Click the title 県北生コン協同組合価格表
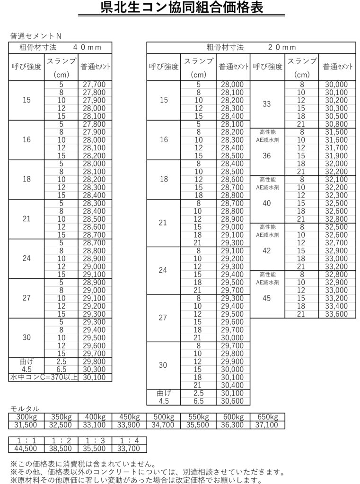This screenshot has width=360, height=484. (180, 8)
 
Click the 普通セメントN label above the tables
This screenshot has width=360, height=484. (36, 36)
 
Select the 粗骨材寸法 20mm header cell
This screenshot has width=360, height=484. (251, 47)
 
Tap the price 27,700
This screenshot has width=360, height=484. (94, 85)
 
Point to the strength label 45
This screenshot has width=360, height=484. (267, 298)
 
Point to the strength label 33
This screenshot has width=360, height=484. (267, 104)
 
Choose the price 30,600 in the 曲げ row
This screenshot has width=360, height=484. (232, 401)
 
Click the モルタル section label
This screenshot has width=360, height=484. (25, 409)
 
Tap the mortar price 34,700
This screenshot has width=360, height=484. (163, 425)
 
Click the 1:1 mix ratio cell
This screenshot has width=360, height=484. (26, 441)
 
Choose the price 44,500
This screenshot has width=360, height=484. (26, 449)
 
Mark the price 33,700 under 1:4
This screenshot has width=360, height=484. (129, 449)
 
